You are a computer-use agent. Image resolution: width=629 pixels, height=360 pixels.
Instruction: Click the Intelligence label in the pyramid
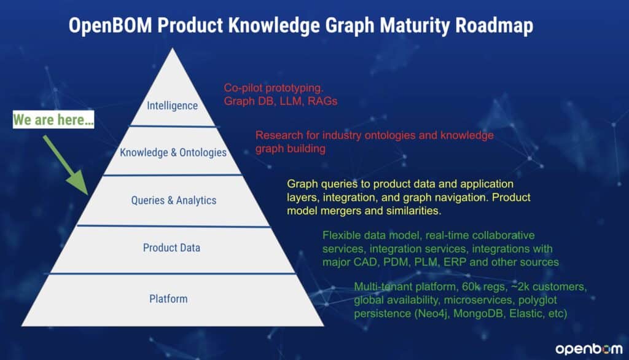tap(172, 106)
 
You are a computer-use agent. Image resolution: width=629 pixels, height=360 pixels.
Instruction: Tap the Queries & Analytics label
tap(173, 200)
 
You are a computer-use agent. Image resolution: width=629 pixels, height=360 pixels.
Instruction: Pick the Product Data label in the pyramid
tap(171, 248)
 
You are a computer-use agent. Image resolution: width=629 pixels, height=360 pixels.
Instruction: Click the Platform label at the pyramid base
tap(168, 299)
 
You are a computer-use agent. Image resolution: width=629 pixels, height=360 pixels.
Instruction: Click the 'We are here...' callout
tap(54, 120)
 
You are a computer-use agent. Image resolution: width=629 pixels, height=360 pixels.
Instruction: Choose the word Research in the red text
tap(276, 136)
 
